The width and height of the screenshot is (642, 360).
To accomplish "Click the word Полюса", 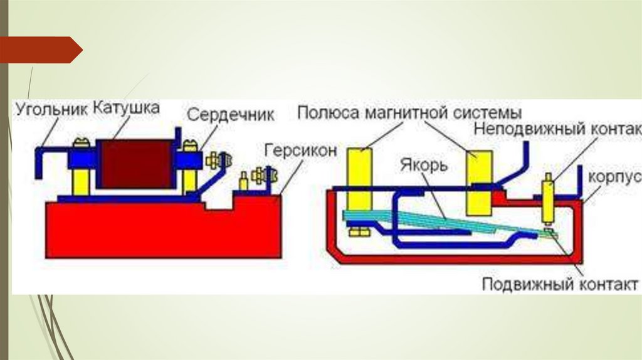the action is coord(326,114).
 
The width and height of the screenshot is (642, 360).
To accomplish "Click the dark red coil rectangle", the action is coord(135,164).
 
